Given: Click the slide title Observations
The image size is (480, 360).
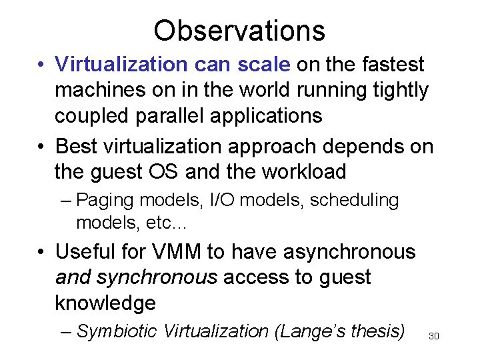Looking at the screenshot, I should [x=239, y=30].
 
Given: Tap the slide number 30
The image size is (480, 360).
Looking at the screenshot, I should [x=433, y=336].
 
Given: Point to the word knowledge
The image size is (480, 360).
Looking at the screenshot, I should [x=105, y=303].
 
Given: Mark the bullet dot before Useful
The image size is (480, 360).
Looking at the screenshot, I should [x=41, y=253].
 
